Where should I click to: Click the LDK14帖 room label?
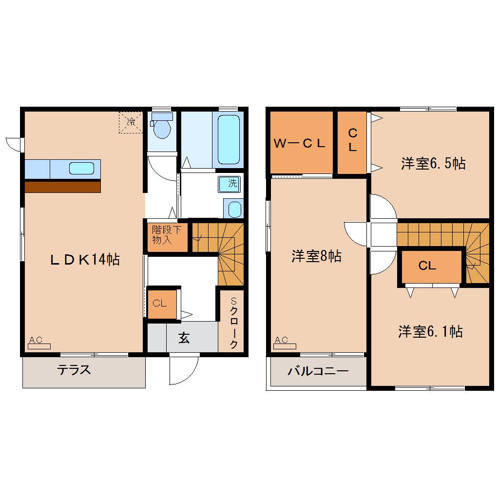tap(84, 260)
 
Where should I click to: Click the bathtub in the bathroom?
tap(229, 138)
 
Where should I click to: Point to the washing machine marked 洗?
tap(232, 184)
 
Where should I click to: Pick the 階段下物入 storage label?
tap(166, 235)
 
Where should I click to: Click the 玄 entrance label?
tap(183, 337)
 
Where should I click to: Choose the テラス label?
tap(75, 370)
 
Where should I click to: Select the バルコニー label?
tap(318, 371)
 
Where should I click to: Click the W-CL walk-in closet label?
tap(299, 143)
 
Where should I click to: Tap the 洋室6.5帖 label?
tap(433, 163)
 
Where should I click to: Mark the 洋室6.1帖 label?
tap(430, 332)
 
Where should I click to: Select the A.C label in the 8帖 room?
tap(281, 339)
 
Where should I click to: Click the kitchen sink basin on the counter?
tap(81, 169)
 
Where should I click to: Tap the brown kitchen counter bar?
tap(62, 187)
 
